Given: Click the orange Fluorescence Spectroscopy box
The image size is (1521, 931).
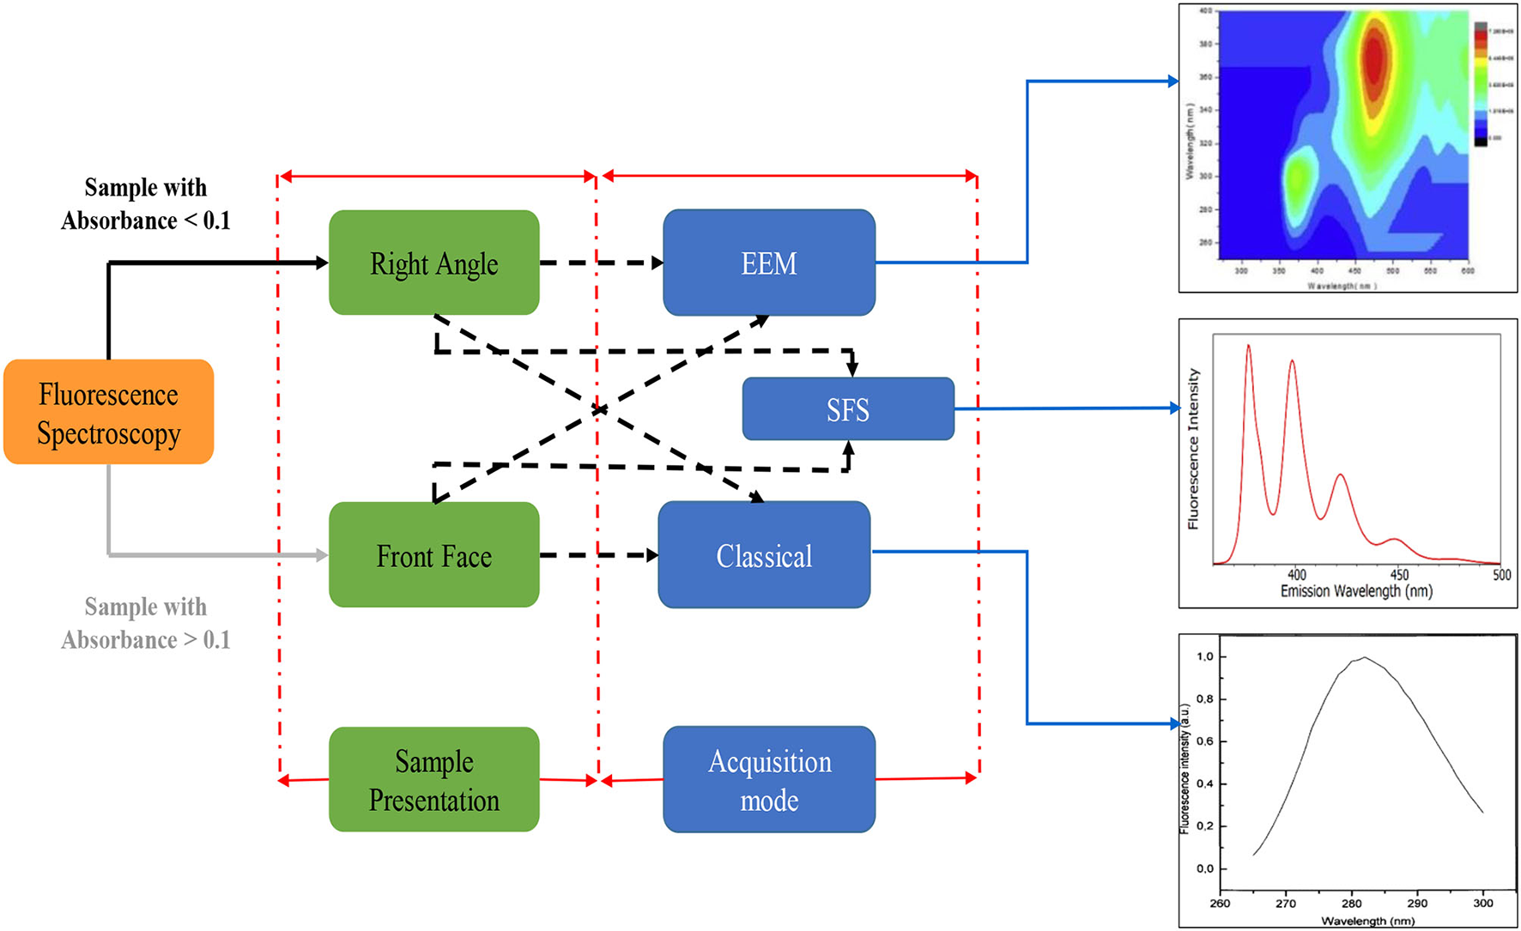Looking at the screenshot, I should pyautogui.click(x=109, y=413).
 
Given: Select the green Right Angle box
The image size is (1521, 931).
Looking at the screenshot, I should pyautogui.click(x=433, y=263).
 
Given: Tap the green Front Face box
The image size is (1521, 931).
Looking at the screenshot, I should pyautogui.click(x=433, y=555).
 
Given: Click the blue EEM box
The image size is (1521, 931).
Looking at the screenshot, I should pyautogui.click(x=768, y=263).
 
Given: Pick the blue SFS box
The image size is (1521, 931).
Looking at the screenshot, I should pyautogui.click(x=847, y=409).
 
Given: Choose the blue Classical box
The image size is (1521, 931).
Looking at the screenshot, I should pyautogui.click(x=764, y=555).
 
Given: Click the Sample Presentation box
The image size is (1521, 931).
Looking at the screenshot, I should pyautogui.click(x=433, y=779).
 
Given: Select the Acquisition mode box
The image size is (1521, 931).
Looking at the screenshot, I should pyautogui.click(x=769, y=779).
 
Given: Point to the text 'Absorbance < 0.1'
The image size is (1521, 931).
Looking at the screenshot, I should pyautogui.click(x=145, y=221).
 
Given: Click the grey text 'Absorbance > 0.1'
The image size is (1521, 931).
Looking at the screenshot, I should pyautogui.click(x=145, y=640).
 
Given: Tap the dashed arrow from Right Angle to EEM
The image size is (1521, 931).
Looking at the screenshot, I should pyautogui.click(x=601, y=263).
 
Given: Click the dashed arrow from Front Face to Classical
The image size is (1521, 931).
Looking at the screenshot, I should pyautogui.click(x=599, y=555).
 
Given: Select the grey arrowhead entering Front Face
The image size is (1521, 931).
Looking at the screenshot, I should pyautogui.click(x=322, y=555).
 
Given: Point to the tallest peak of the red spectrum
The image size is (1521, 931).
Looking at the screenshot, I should pyautogui.click(x=1248, y=347).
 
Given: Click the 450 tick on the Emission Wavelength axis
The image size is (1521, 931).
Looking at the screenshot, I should pyautogui.click(x=1399, y=575).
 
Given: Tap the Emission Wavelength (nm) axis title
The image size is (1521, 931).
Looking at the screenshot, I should pyautogui.click(x=1356, y=591).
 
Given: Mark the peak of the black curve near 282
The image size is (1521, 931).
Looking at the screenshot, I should pyautogui.click(x=1364, y=658).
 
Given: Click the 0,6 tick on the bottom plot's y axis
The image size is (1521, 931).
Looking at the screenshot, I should pyautogui.click(x=1205, y=741).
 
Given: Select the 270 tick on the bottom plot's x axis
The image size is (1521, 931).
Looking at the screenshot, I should pyautogui.click(x=1285, y=903).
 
